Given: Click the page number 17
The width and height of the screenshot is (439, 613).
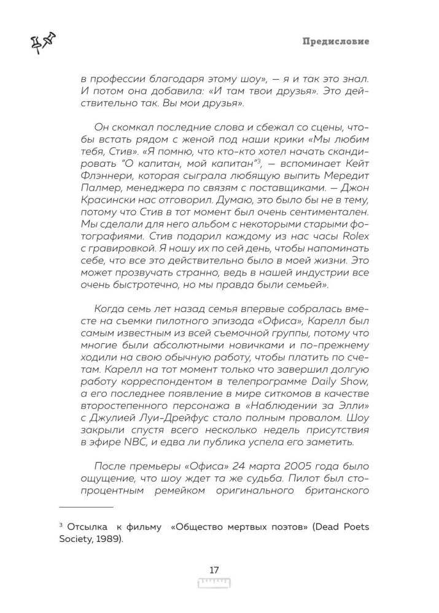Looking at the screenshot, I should tap(214, 570).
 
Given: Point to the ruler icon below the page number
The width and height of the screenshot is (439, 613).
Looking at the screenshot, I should tap(214, 583).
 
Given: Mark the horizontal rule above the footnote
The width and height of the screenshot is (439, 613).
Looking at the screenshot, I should tap(86, 508).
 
